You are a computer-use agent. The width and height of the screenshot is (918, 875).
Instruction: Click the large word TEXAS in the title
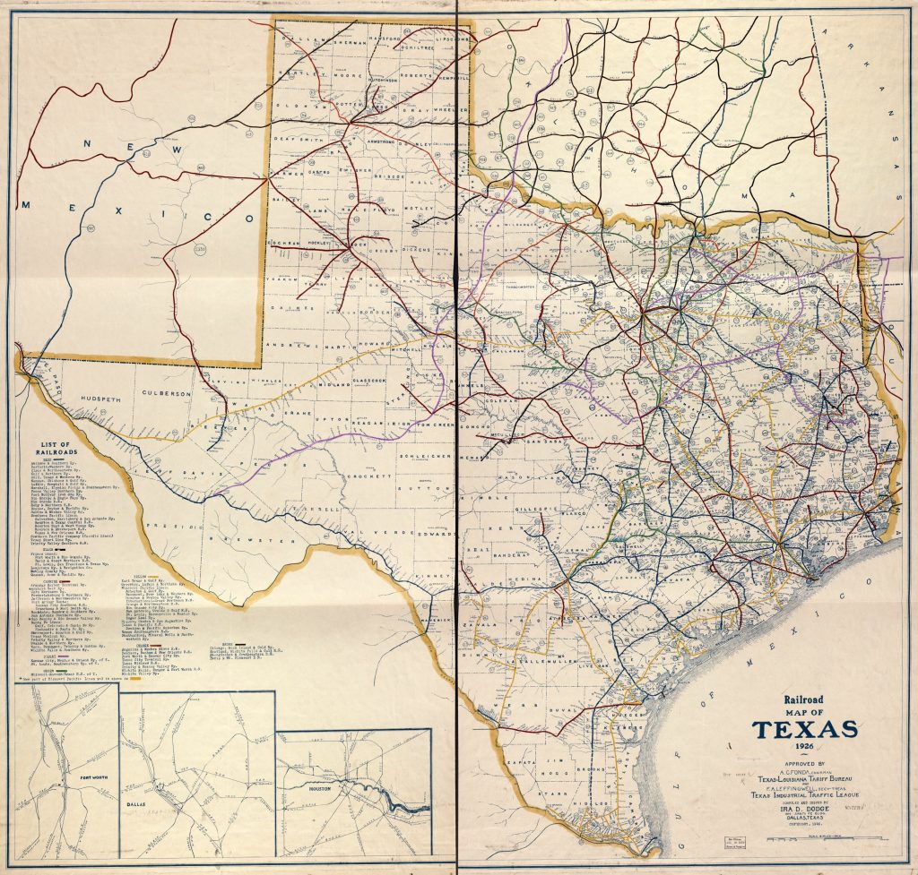804,729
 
